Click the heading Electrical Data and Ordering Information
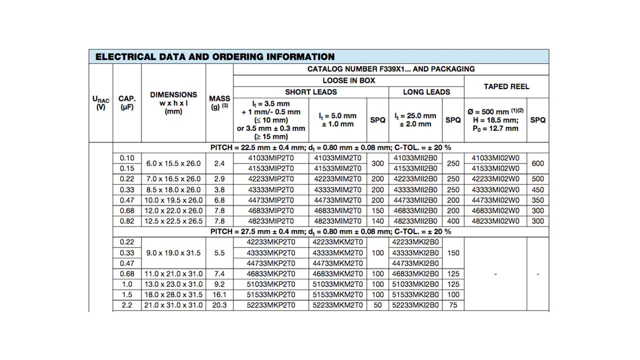point(215,56)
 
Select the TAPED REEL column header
point(506,86)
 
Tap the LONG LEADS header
point(426,92)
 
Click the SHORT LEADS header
point(311,92)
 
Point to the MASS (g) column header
point(219,102)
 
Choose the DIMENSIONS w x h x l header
point(173,102)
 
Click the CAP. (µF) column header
point(127,102)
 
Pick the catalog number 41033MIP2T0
point(271,158)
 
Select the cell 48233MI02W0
point(495,221)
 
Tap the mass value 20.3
point(219,305)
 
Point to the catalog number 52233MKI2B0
point(415,305)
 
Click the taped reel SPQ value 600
point(538,163)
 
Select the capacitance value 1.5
point(127,294)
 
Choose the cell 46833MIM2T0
point(337,210)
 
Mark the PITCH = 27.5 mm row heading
point(330,231)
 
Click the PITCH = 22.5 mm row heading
point(330,147)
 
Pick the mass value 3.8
point(219,189)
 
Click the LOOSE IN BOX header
point(348,80)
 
